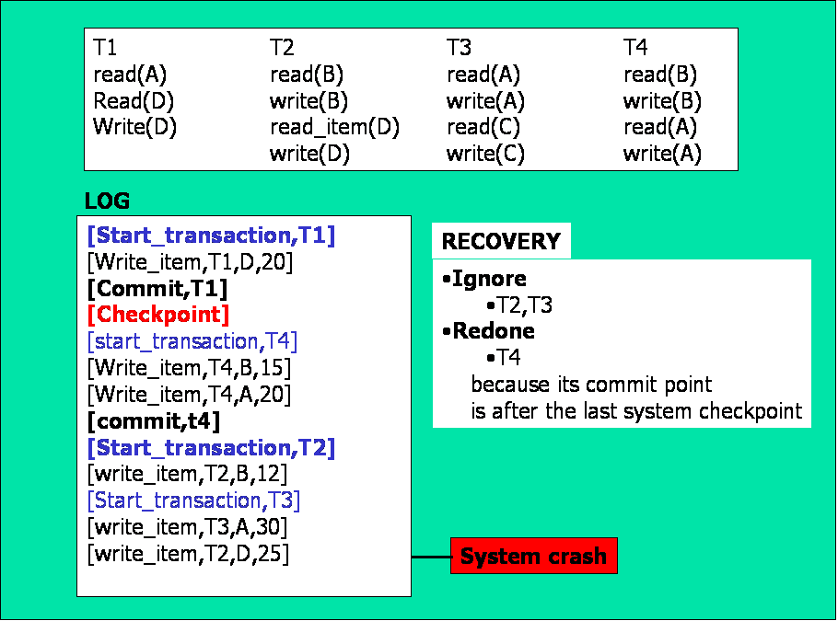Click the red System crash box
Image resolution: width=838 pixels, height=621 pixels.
coord(533,557)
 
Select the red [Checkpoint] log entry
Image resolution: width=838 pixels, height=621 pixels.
coord(158,315)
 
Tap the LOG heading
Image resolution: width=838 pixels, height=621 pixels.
coord(107,201)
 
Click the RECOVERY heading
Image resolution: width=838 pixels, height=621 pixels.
coord(501,242)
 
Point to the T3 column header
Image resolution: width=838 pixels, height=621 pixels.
coord(459,47)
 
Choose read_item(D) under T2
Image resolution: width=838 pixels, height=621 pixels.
coord(334,127)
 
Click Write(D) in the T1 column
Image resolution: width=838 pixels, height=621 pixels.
coord(134,127)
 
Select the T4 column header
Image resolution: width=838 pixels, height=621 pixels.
coord(635,47)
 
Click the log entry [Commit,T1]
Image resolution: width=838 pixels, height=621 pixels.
coord(157,288)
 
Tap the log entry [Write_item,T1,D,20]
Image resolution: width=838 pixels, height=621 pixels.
coord(190,262)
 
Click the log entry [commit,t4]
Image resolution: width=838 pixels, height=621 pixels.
coord(154,421)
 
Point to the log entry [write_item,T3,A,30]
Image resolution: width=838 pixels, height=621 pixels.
coord(187,527)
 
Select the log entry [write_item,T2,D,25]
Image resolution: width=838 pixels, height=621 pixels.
coord(188,554)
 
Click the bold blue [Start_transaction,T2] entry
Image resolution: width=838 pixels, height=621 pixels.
coord(211,448)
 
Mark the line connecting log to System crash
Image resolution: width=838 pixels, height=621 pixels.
coord(430,557)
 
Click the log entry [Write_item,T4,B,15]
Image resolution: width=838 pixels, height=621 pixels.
coord(189,368)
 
